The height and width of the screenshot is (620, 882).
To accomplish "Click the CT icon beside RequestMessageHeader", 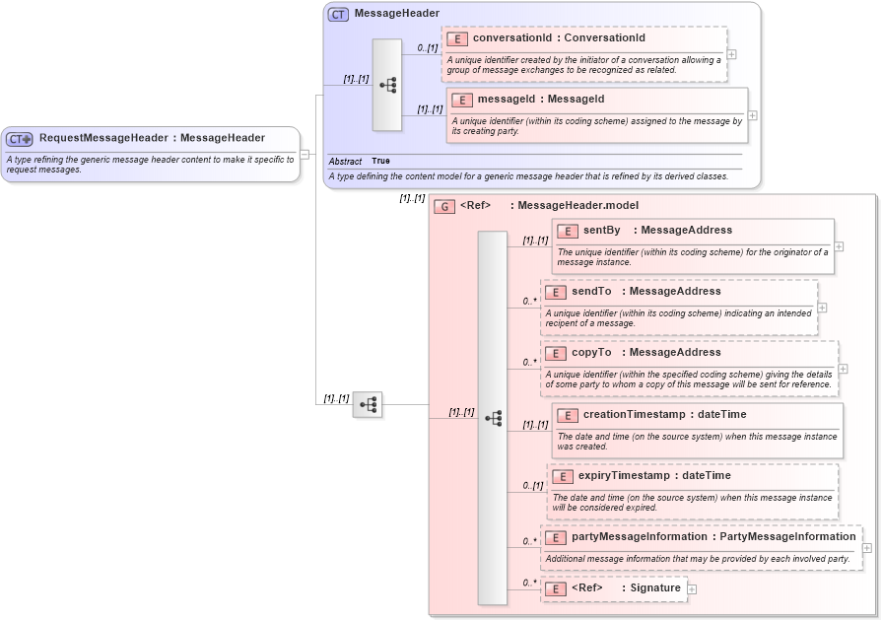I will (x=20, y=139).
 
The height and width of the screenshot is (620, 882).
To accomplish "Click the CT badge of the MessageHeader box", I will (x=338, y=14).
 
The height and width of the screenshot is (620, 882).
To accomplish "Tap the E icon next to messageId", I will (x=462, y=100).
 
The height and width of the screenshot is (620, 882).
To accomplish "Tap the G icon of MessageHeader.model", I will (x=444, y=206).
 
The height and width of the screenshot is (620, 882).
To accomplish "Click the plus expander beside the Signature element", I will (x=691, y=588).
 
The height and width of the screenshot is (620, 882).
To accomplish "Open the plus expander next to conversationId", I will (x=731, y=54).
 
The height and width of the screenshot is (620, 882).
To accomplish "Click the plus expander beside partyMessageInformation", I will (x=866, y=548).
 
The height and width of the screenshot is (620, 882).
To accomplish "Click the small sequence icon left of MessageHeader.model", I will (x=368, y=404).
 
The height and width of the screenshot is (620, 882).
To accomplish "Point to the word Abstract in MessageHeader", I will (x=345, y=161).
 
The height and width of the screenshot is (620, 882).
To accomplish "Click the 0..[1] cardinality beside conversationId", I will (x=427, y=48).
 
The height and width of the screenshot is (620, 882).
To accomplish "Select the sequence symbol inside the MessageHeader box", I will (x=387, y=85).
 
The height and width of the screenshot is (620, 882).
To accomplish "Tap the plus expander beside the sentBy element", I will (x=839, y=246).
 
